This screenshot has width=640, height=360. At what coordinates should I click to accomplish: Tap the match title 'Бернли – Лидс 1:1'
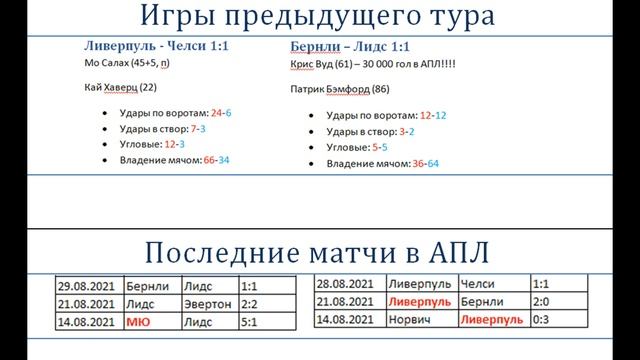click(339, 47)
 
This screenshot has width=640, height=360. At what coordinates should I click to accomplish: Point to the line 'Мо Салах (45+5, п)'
click(127, 64)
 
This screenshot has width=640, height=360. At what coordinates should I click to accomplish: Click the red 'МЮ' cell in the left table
click(139, 322)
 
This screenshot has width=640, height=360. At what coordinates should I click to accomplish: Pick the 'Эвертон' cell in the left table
click(207, 304)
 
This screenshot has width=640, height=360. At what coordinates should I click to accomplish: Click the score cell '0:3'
click(543, 319)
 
